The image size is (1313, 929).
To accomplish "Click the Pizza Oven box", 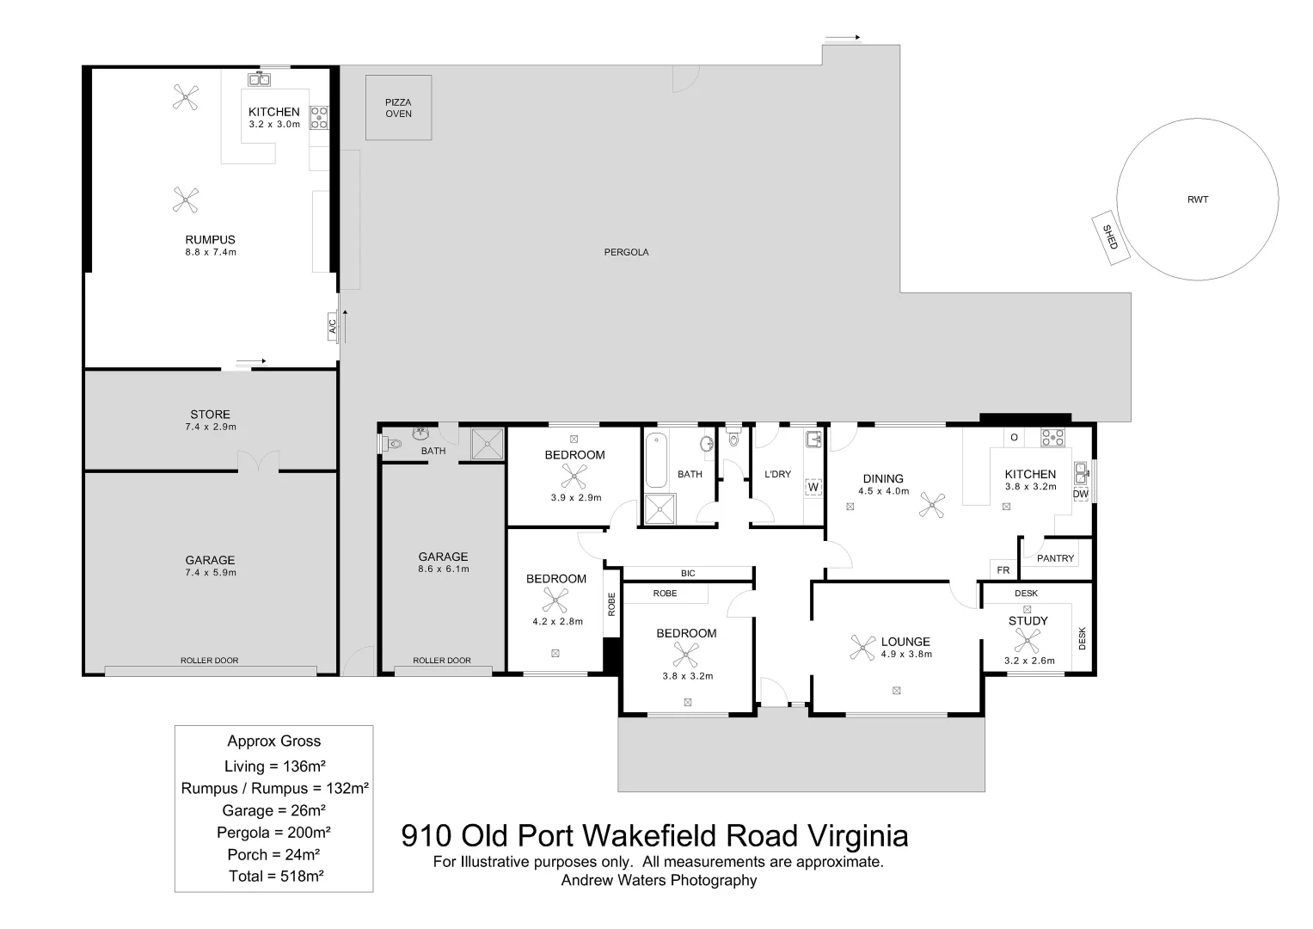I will click(398, 108).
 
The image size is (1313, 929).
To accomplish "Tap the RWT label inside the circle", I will click(1197, 200).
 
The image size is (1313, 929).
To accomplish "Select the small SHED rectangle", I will click(1110, 237).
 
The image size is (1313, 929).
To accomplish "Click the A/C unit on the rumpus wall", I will click(332, 327).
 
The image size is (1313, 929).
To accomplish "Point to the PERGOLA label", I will click(626, 253).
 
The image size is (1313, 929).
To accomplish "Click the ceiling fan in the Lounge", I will click(862, 648).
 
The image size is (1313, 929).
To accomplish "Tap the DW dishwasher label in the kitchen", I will click(1080, 495).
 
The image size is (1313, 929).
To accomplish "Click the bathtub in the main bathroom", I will click(658, 461).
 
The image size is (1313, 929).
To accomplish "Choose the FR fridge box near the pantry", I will click(1003, 570).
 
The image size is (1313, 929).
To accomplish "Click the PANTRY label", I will click(1055, 559).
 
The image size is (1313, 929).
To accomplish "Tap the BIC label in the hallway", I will click(687, 574).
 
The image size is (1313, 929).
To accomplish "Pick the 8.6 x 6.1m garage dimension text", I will click(443, 569).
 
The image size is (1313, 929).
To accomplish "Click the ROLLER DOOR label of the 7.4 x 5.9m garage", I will click(209, 661).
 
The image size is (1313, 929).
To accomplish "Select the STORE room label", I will click(210, 415).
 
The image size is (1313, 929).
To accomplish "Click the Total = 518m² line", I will click(275, 877).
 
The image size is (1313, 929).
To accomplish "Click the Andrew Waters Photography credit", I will click(659, 881).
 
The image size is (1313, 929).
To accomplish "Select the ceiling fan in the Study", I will click(1026, 642).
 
